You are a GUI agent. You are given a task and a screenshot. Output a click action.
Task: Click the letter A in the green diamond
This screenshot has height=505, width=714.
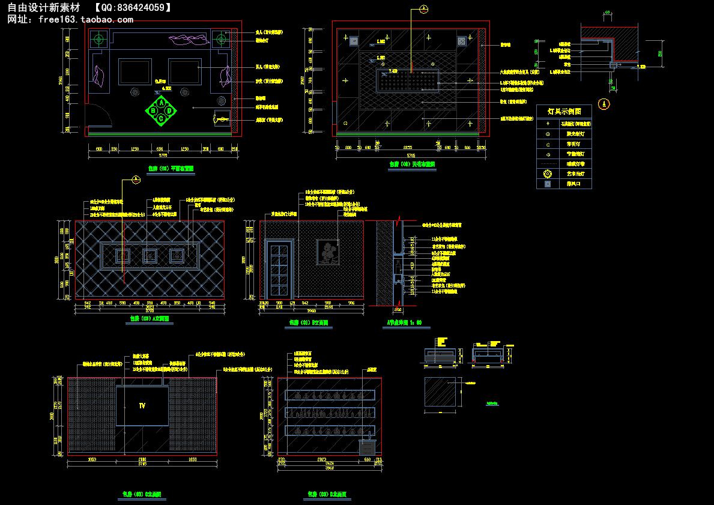click(162, 103)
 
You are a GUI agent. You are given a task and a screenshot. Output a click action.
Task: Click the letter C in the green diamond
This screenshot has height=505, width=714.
click(162, 118)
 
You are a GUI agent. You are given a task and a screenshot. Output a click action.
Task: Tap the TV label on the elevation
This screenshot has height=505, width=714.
click(142, 406)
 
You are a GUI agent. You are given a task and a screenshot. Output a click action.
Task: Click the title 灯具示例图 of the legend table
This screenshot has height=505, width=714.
click(564, 112)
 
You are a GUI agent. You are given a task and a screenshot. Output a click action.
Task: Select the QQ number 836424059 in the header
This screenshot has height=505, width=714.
click(137, 8)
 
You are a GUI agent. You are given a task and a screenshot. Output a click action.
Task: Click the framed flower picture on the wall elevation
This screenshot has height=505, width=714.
click(328, 252)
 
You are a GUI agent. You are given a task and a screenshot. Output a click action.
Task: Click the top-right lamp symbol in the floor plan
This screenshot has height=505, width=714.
click(221, 40)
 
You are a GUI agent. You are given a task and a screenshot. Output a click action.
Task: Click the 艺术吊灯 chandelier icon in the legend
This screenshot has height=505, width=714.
click(547, 174)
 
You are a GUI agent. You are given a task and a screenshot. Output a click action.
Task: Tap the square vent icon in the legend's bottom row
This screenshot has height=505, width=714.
click(547, 184)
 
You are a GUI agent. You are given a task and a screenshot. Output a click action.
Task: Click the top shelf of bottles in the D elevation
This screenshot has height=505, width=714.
click(330, 396)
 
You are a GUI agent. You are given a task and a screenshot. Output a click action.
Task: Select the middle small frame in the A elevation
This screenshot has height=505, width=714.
click(150, 255)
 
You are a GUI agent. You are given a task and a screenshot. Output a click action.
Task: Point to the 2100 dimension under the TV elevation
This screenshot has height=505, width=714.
click(142, 459)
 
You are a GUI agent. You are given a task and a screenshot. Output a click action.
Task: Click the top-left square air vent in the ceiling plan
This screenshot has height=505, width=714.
click(354, 41)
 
